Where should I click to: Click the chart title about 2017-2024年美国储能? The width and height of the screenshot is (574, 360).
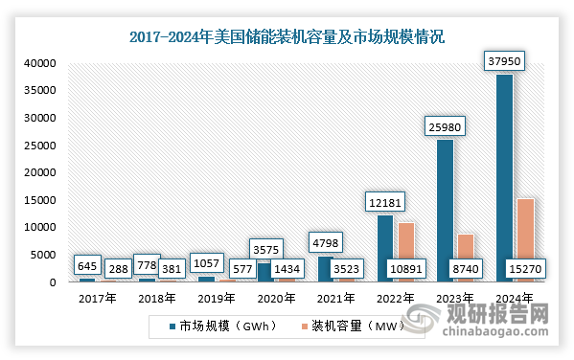pyautogui.click(x=287, y=38)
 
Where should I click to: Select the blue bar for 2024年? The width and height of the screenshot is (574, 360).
pyautogui.click(x=504, y=177)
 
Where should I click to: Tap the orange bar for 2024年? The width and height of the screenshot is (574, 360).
pyautogui.click(x=525, y=239)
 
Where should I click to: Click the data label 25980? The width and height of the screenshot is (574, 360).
pyautogui.click(x=444, y=126)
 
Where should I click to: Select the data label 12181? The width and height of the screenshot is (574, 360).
pyautogui.click(x=384, y=202)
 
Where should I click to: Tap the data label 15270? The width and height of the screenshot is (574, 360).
pyautogui.click(x=526, y=271)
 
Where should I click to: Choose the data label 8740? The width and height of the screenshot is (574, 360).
pyautogui.click(x=465, y=271)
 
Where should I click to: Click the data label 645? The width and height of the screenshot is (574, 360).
pyautogui.click(x=87, y=264)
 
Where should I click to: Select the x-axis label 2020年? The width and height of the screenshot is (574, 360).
pyautogui.click(x=276, y=298)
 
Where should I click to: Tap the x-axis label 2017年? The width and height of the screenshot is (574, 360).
pyautogui.click(x=97, y=298)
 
